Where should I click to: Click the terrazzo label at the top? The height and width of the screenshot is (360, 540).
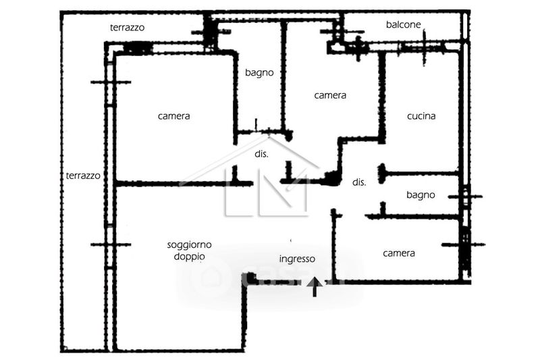click(128, 28)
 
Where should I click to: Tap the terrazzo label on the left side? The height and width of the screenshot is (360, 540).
click(83, 176)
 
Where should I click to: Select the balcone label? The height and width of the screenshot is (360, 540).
click(404, 25)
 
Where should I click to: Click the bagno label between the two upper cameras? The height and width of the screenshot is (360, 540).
click(259, 73)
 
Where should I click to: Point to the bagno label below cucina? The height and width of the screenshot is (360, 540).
click(421, 195)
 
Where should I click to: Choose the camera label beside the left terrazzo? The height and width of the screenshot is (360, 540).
click(173, 116)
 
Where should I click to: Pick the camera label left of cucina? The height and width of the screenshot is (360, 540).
click(330, 95)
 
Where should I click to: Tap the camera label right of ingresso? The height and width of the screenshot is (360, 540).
click(399, 253)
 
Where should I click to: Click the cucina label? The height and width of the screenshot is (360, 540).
click(421, 116)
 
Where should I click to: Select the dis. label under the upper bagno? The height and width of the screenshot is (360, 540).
click(261, 154)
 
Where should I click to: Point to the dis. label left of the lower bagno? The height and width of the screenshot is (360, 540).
click(359, 182)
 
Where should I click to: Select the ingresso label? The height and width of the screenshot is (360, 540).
click(297, 259)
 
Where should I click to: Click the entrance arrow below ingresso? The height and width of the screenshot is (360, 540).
click(313, 288)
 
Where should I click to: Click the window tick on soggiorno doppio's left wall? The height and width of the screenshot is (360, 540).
click(109, 245)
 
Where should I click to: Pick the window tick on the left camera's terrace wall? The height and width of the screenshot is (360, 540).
click(109, 82)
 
